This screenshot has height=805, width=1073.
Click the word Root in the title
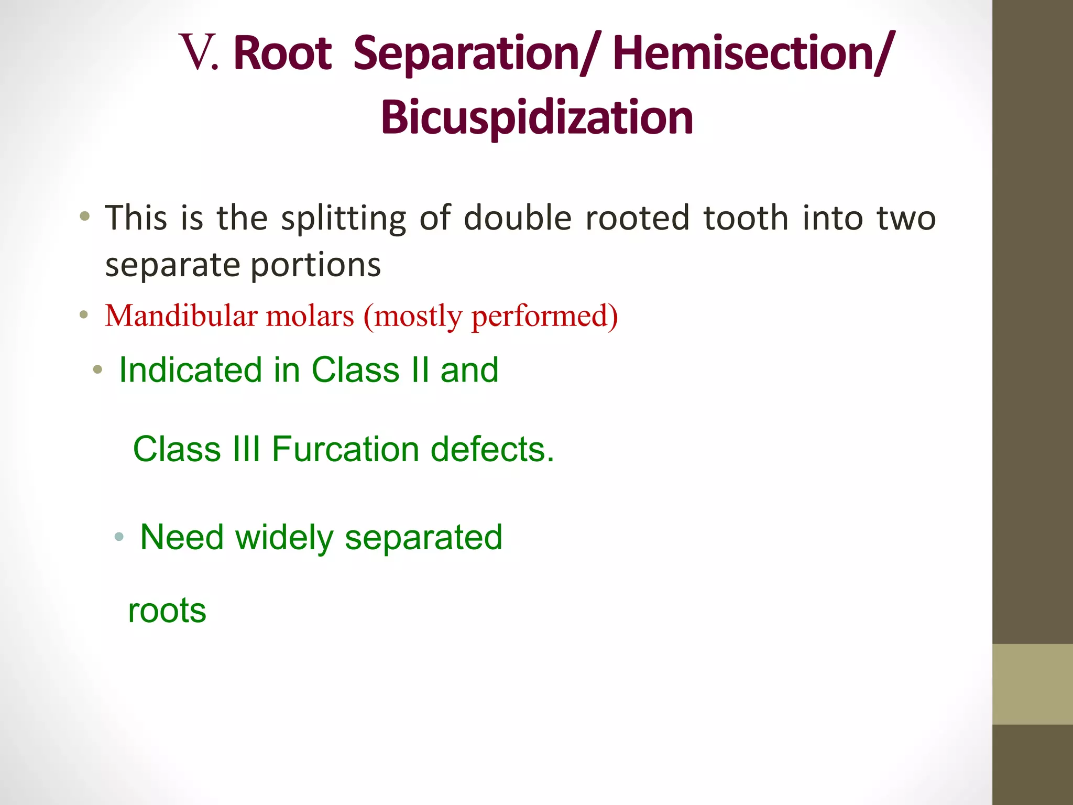(x=282, y=53)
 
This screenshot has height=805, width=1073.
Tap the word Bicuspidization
(x=537, y=118)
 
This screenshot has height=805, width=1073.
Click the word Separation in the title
(x=466, y=55)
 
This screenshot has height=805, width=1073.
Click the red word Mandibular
(x=181, y=316)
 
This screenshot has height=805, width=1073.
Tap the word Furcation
(x=345, y=449)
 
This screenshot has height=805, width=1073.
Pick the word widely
(x=284, y=538)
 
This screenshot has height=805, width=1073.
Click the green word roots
(x=167, y=611)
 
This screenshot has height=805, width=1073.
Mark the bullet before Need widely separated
(x=119, y=536)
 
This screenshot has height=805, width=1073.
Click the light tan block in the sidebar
(x=1032, y=684)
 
